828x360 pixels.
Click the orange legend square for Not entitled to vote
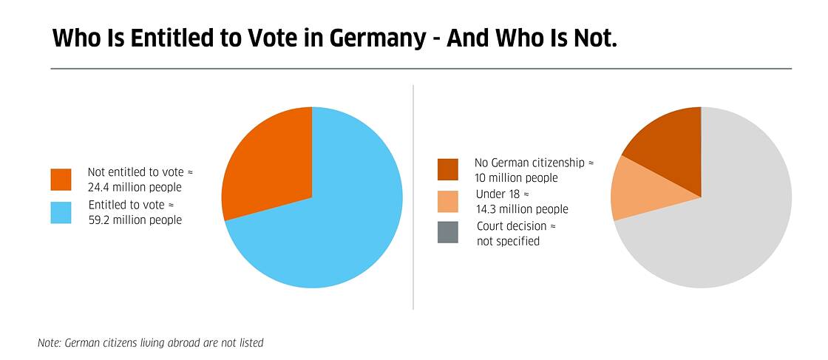tap(61, 180)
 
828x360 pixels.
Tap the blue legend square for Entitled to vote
tap(61, 213)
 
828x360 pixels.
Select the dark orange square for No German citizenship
tap(447, 169)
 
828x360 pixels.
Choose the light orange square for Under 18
tap(447, 202)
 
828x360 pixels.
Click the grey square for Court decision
tap(447, 233)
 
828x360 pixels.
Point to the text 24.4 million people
tap(135, 187)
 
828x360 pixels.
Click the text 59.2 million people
tap(135, 220)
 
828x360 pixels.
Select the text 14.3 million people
tap(522, 209)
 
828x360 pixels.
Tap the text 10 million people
tap(516, 177)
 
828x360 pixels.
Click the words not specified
tap(508, 241)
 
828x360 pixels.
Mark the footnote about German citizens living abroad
tap(150, 343)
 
